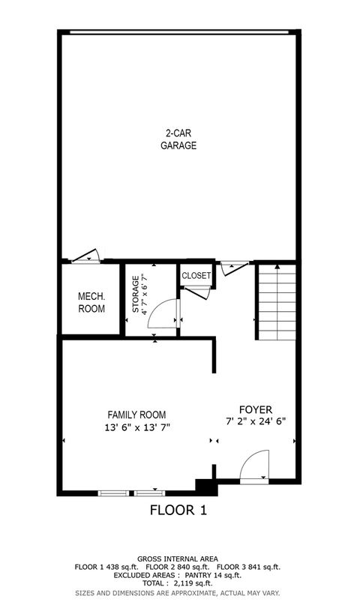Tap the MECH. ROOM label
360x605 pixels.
(91, 302)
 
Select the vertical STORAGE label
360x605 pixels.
(136, 295)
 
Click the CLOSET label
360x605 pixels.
(196, 275)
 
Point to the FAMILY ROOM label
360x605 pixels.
(136, 415)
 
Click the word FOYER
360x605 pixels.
(256, 409)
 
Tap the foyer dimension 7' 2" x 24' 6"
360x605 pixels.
(256, 422)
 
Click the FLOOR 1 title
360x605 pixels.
(178, 511)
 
